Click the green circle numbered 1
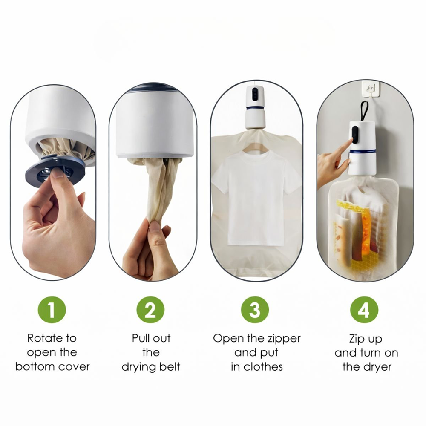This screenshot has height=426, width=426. point(52,310)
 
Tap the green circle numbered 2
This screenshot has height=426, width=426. point(150,310)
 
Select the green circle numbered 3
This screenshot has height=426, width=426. point(255,310)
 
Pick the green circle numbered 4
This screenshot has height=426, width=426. point(364,310)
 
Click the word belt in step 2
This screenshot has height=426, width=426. point(170,367)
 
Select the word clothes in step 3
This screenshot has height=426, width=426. point(263,367)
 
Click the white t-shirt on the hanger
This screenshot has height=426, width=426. point(255,197)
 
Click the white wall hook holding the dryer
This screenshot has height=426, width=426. point(370,89)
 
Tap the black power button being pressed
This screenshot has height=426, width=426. point(355,135)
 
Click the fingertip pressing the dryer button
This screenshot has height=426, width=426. point(351,140)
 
